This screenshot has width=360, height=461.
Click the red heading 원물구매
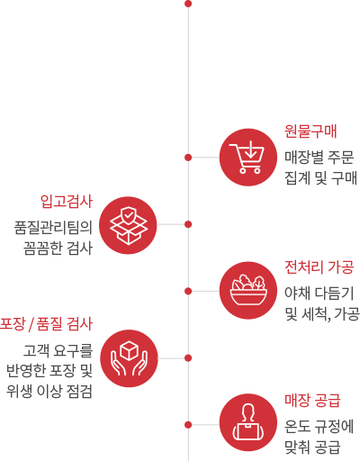point(310,131)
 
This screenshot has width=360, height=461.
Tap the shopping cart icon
point(248,158)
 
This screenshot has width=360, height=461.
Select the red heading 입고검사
point(67,202)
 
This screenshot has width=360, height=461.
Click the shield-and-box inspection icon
point(128,225)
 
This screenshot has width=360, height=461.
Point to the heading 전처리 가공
point(319,267)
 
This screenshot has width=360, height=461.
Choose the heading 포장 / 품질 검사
point(46,324)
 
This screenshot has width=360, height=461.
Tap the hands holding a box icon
point(129,358)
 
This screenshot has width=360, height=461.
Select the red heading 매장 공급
point(312,401)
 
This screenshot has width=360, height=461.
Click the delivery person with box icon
point(248,422)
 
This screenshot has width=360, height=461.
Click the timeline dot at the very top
point(188,4)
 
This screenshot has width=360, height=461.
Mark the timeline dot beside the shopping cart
point(188,158)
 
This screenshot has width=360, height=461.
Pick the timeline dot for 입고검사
point(188,224)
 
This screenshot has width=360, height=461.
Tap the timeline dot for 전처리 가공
point(188,291)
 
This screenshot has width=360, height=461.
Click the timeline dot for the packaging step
point(188,357)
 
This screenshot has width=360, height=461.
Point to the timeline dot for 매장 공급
point(188,425)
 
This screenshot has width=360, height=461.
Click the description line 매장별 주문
point(319,158)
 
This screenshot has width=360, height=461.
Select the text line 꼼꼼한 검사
point(58,249)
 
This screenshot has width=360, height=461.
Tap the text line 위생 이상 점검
point(49,392)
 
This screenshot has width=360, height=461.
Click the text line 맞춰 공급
point(312,447)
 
